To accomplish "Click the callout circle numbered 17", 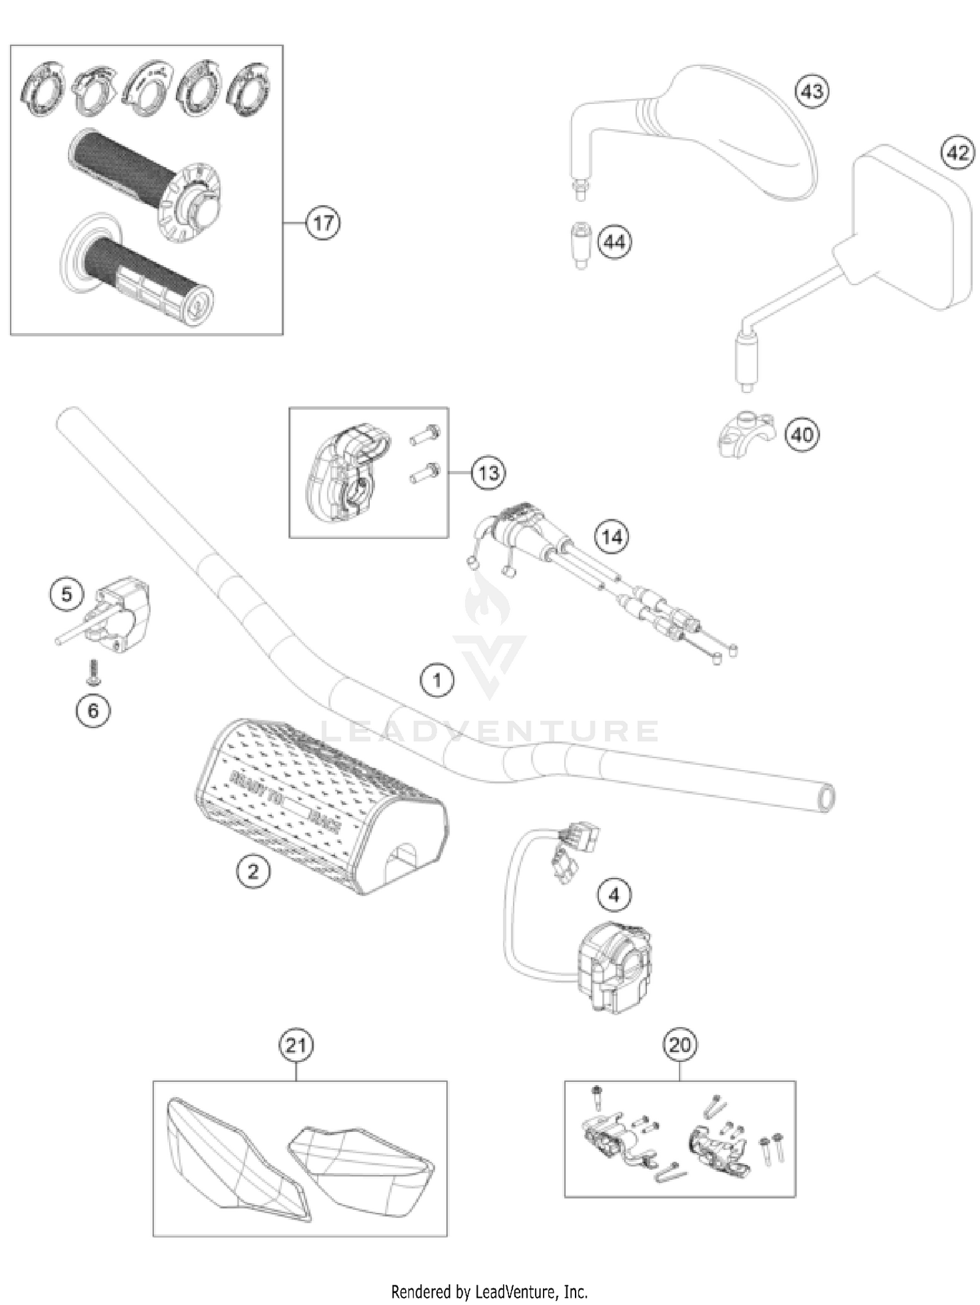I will [x=323, y=223].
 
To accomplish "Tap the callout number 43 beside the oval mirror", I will [x=811, y=91].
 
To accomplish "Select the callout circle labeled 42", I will [x=956, y=153].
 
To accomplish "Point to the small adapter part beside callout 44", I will [x=580, y=244].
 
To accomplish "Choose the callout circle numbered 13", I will [x=488, y=472].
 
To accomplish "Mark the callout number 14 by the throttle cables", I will [x=612, y=537].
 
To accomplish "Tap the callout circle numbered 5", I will [x=67, y=594].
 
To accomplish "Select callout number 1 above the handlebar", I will [x=437, y=681].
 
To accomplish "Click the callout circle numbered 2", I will [x=253, y=871].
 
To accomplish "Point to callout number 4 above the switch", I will [x=613, y=895].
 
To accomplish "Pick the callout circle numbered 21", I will [x=296, y=1045].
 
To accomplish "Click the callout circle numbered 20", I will [x=679, y=1045].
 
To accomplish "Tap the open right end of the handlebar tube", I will [x=826, y=797].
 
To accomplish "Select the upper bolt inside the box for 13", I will [x=425, y=434].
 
